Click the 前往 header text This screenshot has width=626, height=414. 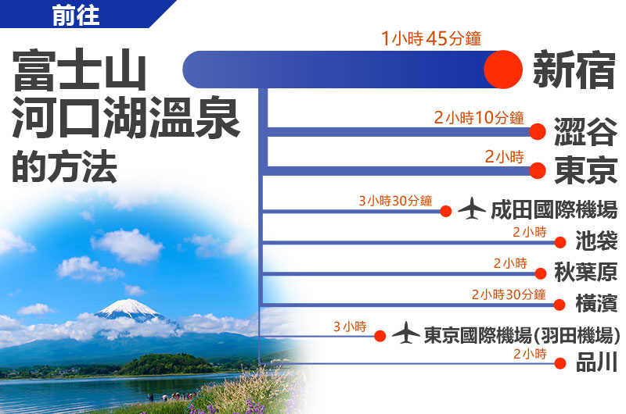(75, 16)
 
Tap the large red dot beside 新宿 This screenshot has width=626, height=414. (503, 70)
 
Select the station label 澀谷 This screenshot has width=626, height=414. (585, 132)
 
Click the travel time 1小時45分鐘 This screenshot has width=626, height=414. (431, 38)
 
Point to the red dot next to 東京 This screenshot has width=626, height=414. (538, 170)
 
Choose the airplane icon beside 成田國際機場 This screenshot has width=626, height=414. (472, 209)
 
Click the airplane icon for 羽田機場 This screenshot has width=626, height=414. (405, 333)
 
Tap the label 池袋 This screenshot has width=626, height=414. (596, 241)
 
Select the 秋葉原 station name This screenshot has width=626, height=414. (585, 272)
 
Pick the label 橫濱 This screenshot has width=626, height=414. (596, 303)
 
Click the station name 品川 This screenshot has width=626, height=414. (596, 362)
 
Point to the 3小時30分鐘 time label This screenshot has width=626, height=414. (395, 201)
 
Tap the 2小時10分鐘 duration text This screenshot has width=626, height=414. (479, 117)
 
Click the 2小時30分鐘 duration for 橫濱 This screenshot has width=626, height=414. (509, 294)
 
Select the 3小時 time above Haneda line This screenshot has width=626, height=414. (350, 327)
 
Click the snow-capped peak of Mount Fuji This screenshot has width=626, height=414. (129, 308)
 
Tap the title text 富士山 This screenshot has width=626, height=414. (80, 70)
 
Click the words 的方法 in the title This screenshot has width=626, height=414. (64, 166)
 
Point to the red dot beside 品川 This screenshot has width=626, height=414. (560, 363)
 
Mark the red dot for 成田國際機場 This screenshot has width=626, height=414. (446, 211)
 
